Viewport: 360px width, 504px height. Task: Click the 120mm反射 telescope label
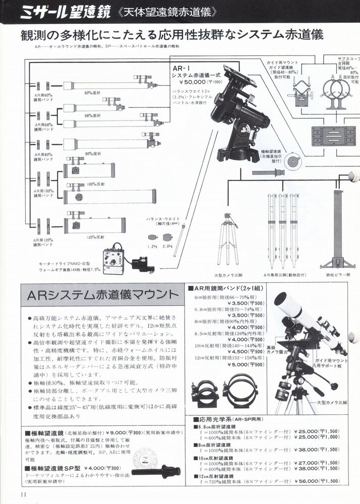pos(95,237)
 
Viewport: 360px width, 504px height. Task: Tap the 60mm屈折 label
pos(93,92)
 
